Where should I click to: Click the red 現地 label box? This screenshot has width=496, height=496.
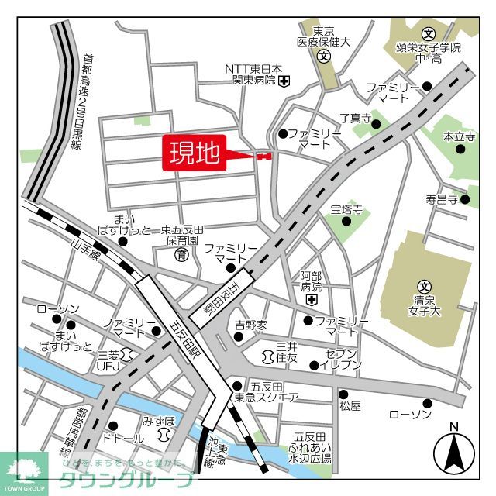coord(194,153)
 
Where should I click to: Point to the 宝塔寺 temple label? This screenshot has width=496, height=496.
coord(346,209)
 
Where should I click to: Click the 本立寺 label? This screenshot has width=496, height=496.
coord(459,136)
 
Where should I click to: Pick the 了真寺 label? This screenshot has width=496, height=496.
coord(356,119)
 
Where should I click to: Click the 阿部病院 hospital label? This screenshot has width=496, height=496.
coord(311,280)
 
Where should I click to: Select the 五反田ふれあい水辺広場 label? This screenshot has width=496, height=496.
coord(312,448)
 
